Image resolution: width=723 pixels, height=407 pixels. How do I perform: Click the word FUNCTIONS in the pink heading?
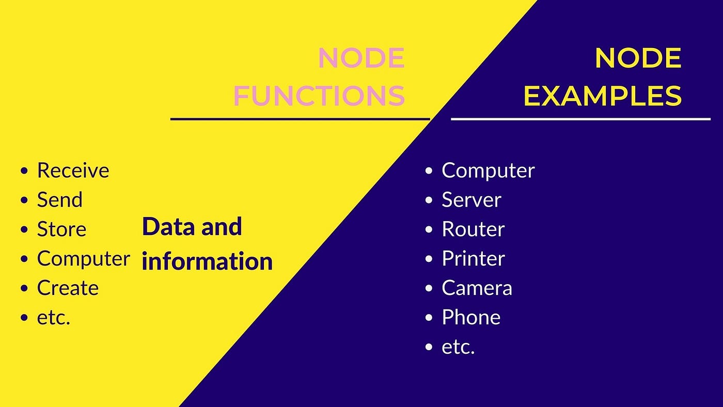coord(319,96)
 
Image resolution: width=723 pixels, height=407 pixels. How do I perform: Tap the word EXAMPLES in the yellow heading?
coord(603,96)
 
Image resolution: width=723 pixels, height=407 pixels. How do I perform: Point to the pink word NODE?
coord(361,58)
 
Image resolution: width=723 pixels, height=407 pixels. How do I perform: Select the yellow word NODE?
coord(638,58)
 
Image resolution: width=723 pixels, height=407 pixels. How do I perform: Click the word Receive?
coord(73,170)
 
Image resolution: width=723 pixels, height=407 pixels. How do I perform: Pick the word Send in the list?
coord(59,200)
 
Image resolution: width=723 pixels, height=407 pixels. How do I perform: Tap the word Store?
coord(61,229)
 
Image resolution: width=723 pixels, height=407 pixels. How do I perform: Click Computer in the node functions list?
coord(83,259)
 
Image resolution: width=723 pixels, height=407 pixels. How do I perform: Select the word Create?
coord(68,288)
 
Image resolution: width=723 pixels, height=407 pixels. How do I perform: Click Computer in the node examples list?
coord(488,170)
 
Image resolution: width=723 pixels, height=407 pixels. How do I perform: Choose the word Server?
coord(471,200)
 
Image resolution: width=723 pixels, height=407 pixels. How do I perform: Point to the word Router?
coord(473,229)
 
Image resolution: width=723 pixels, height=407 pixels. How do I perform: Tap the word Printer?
coord(473,259)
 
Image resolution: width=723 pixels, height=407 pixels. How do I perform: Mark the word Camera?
coord(477,288)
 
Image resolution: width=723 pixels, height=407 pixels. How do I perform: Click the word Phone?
coord(471,318)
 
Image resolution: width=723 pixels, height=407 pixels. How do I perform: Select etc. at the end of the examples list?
coord(458,347)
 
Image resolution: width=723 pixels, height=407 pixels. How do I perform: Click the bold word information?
coord(207,261)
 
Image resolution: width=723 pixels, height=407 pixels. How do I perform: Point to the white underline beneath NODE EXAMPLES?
coord(580,119)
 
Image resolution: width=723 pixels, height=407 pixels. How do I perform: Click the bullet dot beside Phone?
coord(429,318)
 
